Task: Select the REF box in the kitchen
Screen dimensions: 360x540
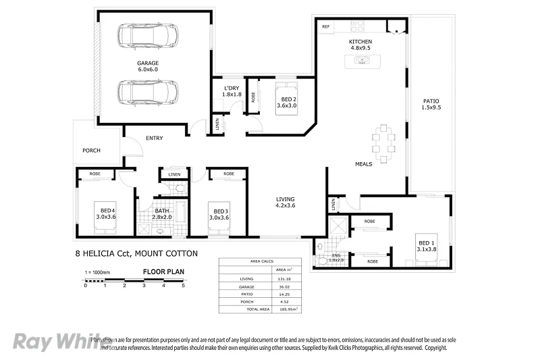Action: (x=325, y=27)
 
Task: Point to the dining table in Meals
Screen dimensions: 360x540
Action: (x=383, y=143)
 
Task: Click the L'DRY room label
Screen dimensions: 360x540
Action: (x=232, y=91)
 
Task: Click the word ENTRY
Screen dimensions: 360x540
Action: (x=154, y=138)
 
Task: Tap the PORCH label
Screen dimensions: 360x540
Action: (x=92, y=150)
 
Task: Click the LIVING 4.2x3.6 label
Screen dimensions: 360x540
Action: (x=286, y=202)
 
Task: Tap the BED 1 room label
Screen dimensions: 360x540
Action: (x=425, y=246)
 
